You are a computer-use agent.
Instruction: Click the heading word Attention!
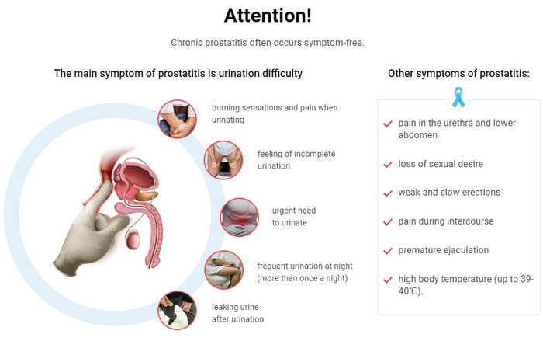268,16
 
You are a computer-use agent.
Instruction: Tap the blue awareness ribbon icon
458,97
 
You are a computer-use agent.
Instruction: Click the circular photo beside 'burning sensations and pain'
178,119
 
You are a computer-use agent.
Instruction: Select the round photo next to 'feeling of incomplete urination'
223,160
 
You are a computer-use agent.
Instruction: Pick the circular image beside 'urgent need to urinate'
240,217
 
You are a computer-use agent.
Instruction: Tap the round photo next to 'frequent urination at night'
224,270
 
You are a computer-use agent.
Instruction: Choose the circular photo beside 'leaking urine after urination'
178,310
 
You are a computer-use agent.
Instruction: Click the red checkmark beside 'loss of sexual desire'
388,165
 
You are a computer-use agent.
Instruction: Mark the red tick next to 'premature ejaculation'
388,251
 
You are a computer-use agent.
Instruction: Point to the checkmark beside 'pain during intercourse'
388,222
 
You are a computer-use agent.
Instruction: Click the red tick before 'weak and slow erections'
388,193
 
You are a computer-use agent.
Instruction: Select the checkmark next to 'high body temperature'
388,280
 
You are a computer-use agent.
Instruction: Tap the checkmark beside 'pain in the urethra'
388,124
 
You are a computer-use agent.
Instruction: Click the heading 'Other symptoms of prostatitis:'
458,74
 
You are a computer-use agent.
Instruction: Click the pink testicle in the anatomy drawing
133,240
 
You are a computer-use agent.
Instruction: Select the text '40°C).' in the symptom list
410,291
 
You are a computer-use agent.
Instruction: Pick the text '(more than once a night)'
303,278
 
